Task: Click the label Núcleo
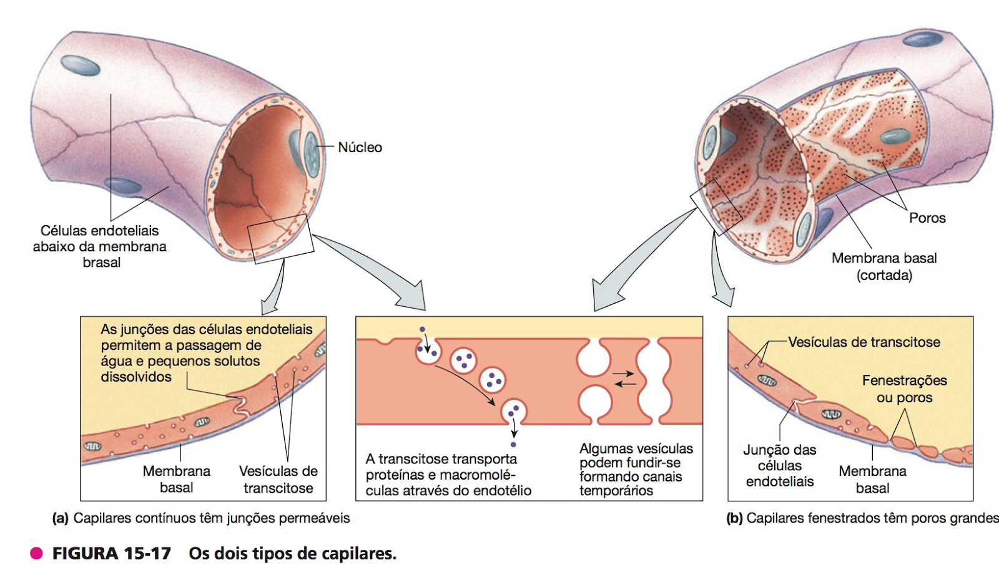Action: click(360, 148)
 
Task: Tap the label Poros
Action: click(927, 218)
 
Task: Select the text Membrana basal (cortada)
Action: click(884, 266)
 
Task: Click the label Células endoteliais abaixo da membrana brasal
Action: click(100, 246)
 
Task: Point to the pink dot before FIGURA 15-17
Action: click(37, 553)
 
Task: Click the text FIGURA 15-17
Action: click(112, 553)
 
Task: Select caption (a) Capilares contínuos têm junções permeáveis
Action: click(201, 518)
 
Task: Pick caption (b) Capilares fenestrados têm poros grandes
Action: click(862, 518)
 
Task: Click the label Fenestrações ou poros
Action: click(904, 389)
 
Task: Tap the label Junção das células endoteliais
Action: click(780, 465)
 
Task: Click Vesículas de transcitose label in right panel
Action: click(864, 342)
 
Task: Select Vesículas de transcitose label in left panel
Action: click(278, 479)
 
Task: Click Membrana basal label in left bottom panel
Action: click(177, 479)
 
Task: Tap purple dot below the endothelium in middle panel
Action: click(513, 445)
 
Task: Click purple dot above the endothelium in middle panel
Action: click(422, 329)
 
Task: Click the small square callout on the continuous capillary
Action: click(280, 238)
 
